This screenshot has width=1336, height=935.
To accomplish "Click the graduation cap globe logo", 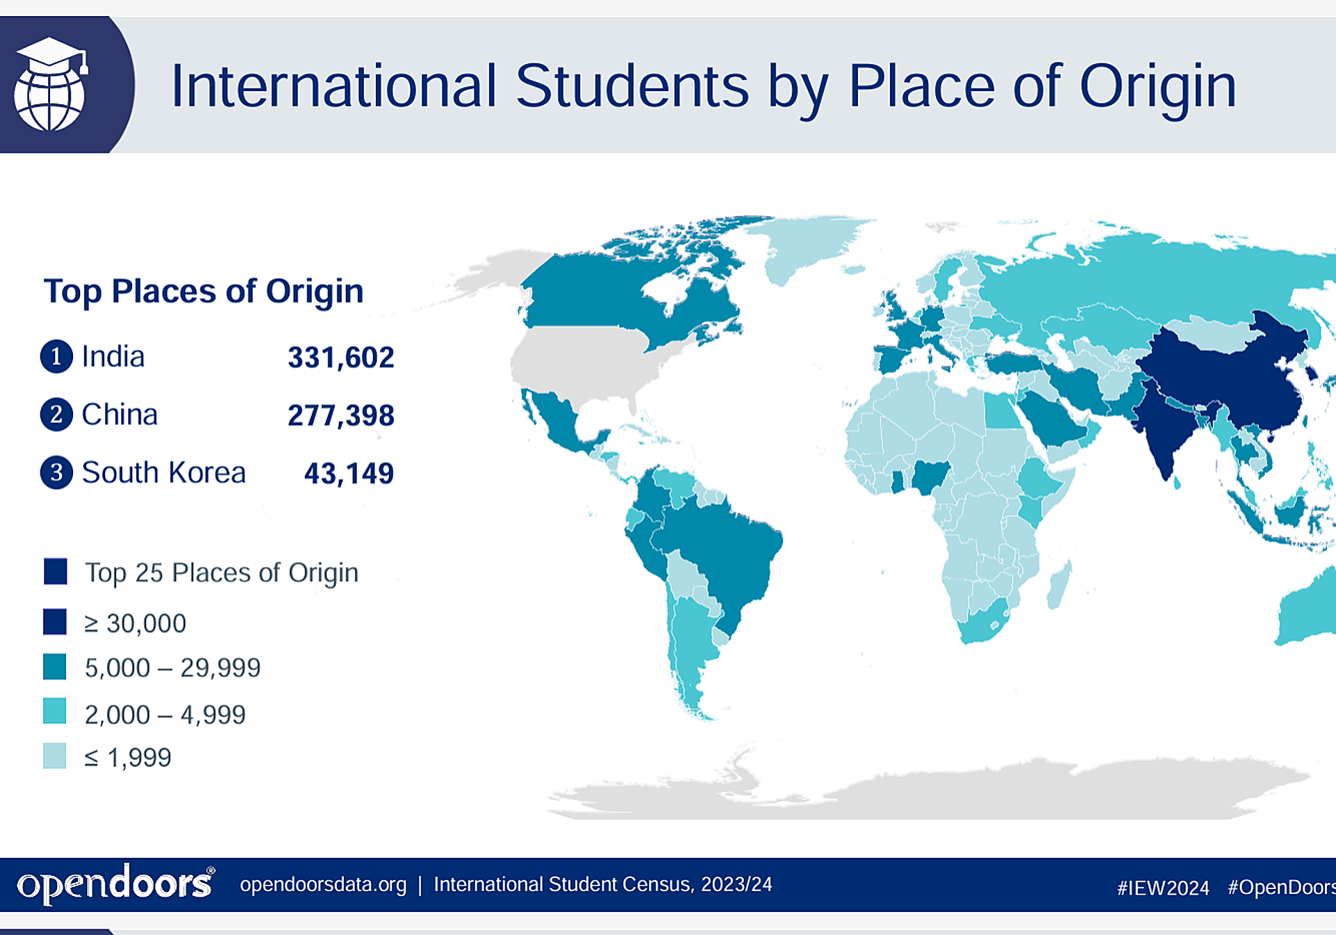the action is tap(51, 84).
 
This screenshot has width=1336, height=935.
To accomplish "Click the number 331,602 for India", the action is tap(341, 358).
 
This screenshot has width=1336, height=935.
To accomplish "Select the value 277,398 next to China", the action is tap(341, 415).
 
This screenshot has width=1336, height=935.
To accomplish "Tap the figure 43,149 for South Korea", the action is tap(349, 474).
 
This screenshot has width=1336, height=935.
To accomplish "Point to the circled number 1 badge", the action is tap(56, 356).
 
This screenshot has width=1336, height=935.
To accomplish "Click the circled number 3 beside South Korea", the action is tap(56, 472).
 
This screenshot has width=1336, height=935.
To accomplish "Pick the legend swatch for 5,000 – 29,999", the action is tap(55, 666).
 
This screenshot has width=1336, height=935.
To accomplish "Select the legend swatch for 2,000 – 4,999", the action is tap(55, 712).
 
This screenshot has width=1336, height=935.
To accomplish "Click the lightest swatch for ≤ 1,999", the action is tap(55, 756).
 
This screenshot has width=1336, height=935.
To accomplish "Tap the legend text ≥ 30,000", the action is tap(136, 623).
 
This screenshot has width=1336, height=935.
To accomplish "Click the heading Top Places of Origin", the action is tap(203, 291).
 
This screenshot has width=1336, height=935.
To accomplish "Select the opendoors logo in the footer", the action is tap(116, 884).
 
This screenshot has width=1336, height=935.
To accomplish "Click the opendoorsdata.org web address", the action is tap(324, 884).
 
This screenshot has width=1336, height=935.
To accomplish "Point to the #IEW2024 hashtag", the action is tap(1163, 888).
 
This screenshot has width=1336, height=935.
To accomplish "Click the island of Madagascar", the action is tap(1060, 584).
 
